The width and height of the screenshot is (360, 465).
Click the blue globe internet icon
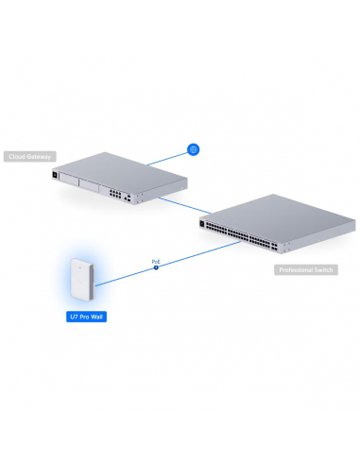pos(193,149)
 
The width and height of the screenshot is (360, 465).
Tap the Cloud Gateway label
pos(30,156)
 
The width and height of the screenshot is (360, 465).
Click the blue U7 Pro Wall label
pos(86,318)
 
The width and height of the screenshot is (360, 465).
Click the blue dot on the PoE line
pos(157,267)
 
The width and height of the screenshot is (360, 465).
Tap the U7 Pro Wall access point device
pos(84,279)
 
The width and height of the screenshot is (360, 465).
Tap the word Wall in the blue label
pos(98,318)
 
